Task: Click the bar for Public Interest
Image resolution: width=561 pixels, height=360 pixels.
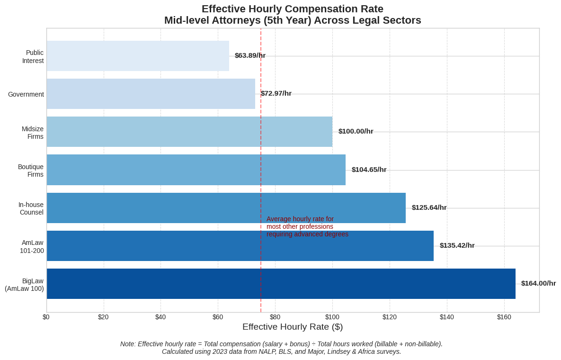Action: [137, 56]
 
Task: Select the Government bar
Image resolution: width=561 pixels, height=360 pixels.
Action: [151, 94]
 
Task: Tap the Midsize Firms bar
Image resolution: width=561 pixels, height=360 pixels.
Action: [189, 132]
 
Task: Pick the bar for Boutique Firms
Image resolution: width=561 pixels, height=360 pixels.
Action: [196, 170]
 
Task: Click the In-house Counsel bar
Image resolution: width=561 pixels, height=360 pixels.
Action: [226, 207]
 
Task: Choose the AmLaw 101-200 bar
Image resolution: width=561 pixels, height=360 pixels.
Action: [240, 245]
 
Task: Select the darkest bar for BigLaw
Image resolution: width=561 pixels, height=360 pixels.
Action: [281, 283]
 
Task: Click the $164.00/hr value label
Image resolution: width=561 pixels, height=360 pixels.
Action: [538, 283]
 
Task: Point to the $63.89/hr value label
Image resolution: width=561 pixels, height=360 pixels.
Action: [250, 55]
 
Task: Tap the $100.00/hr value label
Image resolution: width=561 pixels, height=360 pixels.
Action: [356, 131]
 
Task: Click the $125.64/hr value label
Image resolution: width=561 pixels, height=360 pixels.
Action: [429, 207]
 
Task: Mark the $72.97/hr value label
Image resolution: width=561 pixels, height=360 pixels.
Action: [276, 93]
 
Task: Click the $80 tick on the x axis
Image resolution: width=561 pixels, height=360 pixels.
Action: [275, 317]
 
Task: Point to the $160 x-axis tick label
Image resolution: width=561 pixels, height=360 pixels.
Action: [504, 317]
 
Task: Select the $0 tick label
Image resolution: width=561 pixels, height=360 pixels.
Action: [46, 317]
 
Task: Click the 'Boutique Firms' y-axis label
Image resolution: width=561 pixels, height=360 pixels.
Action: [31, 171]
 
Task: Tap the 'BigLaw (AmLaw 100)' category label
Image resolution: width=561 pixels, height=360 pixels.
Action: [25, 285]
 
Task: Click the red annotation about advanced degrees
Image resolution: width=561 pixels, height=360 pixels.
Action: [307, 226]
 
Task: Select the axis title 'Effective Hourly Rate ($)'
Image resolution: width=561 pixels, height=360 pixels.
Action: [293, 327]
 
